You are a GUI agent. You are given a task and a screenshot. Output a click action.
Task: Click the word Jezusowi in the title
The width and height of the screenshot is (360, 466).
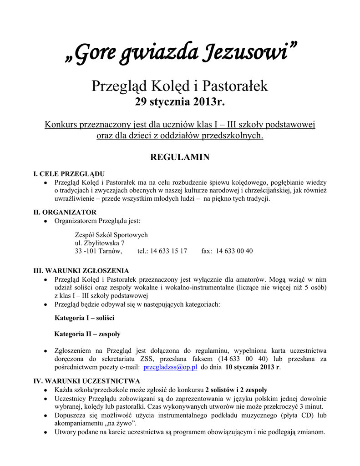click(x=248, y=54)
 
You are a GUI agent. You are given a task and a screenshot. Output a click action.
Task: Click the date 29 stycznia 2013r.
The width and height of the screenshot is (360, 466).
click(x=180, y=102)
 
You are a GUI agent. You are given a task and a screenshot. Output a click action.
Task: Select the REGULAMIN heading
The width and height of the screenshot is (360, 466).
click(x=180, y=157)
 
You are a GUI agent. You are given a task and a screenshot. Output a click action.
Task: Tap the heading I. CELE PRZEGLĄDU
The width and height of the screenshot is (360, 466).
click(x=70, y=174)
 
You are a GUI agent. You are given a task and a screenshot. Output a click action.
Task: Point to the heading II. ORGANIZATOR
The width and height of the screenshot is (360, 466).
click(x=65, y=212)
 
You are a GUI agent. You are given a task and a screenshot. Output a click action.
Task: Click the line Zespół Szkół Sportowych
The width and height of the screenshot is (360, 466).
click(x=111, y=235)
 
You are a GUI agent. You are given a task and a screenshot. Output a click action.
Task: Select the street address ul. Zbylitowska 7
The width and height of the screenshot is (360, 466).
click(x=100, y=243)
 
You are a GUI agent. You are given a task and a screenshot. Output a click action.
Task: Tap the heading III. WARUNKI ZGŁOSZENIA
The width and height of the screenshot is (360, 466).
click(x=81, y=270)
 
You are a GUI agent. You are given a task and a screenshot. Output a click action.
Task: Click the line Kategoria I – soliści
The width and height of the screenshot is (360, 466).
click(x=84, y=317)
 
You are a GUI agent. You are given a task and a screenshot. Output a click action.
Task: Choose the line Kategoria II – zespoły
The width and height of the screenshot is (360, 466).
click(x=87, y=334)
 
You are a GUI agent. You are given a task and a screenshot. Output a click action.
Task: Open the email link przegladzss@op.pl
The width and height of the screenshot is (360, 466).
click(x=170, y=368)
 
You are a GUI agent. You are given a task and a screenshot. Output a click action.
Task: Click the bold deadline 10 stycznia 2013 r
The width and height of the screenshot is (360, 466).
click(x=253, y=368)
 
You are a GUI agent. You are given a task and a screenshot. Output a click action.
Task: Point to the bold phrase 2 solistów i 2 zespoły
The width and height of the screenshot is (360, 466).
click(x=236, y=390)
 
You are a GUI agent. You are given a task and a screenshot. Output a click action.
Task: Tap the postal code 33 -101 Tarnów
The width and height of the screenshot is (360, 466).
click(x=98, y=251)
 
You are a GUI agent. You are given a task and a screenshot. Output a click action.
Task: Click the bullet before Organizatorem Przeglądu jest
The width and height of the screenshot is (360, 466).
click(x=46, y=222)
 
